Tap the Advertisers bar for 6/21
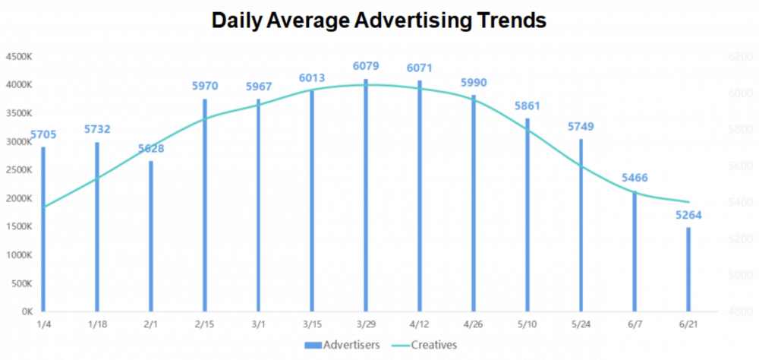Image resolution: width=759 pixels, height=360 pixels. click(688, 270)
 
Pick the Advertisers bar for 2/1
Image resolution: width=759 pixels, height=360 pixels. click(150, 236)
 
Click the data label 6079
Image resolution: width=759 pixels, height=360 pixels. click(366, 66)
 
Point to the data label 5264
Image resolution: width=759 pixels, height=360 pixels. click(688, 214)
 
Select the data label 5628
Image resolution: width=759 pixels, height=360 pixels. click(150, 148)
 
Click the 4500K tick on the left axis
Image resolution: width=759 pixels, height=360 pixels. click(17, 57)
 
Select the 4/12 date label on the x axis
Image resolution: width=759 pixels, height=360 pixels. click(420, 325)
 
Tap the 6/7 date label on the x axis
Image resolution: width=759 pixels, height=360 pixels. click(635, 325)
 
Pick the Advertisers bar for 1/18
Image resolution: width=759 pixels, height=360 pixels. click(96, 227)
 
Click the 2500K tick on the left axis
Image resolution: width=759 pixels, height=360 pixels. click(17, 170)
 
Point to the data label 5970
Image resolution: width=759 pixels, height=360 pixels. click(204, 86)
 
